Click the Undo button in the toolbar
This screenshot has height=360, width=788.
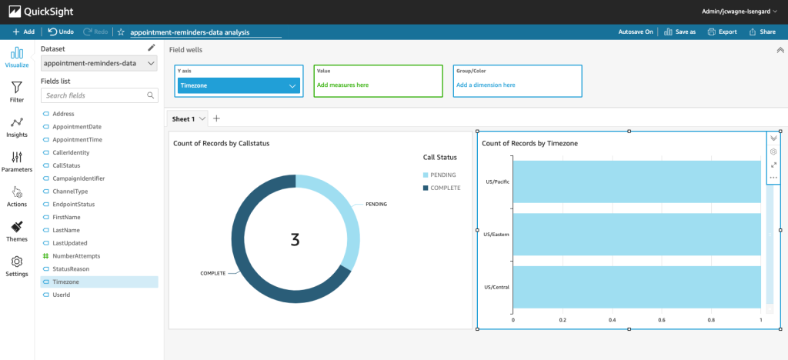(x=60, y=32)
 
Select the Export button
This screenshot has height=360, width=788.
(x=722, y=32)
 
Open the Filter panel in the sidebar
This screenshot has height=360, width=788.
(x=17, y=92)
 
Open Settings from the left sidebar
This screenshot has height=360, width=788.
(x=17, y=266)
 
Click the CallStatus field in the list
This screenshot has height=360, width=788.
(x=65, y=165)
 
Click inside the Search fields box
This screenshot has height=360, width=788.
(x=93, y=95)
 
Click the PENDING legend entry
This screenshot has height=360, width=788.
(x=443, y=175)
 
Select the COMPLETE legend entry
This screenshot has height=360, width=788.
(x=445, y=188)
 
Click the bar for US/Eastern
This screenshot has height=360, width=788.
(x=636, y=234)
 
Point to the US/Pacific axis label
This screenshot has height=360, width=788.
(x=497, y=182)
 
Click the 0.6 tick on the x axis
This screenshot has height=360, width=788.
(x=661, y=319)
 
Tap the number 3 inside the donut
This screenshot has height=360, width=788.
(x=295, y=239)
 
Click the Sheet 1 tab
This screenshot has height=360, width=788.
(x=183, y=118)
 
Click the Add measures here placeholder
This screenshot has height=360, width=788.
(x=342, y=85)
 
